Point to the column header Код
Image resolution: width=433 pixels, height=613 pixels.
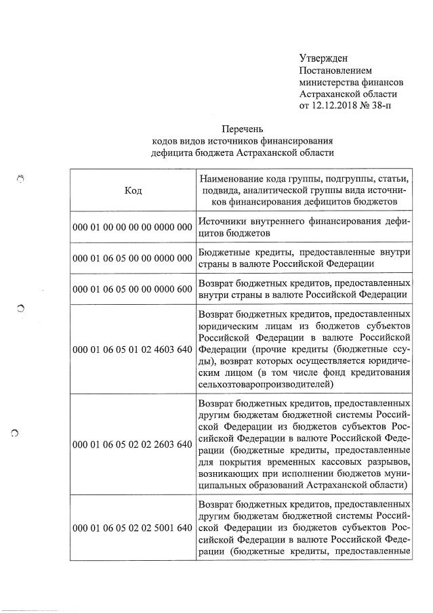[133, 190]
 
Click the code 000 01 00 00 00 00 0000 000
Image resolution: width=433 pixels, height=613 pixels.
[133, 227]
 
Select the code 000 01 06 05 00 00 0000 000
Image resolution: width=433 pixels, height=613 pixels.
[133, 257]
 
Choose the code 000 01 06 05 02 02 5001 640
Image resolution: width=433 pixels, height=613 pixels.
[133, 528]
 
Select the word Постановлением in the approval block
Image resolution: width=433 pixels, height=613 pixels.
[335, 70]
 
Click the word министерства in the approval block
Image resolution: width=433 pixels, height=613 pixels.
[329, 83]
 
